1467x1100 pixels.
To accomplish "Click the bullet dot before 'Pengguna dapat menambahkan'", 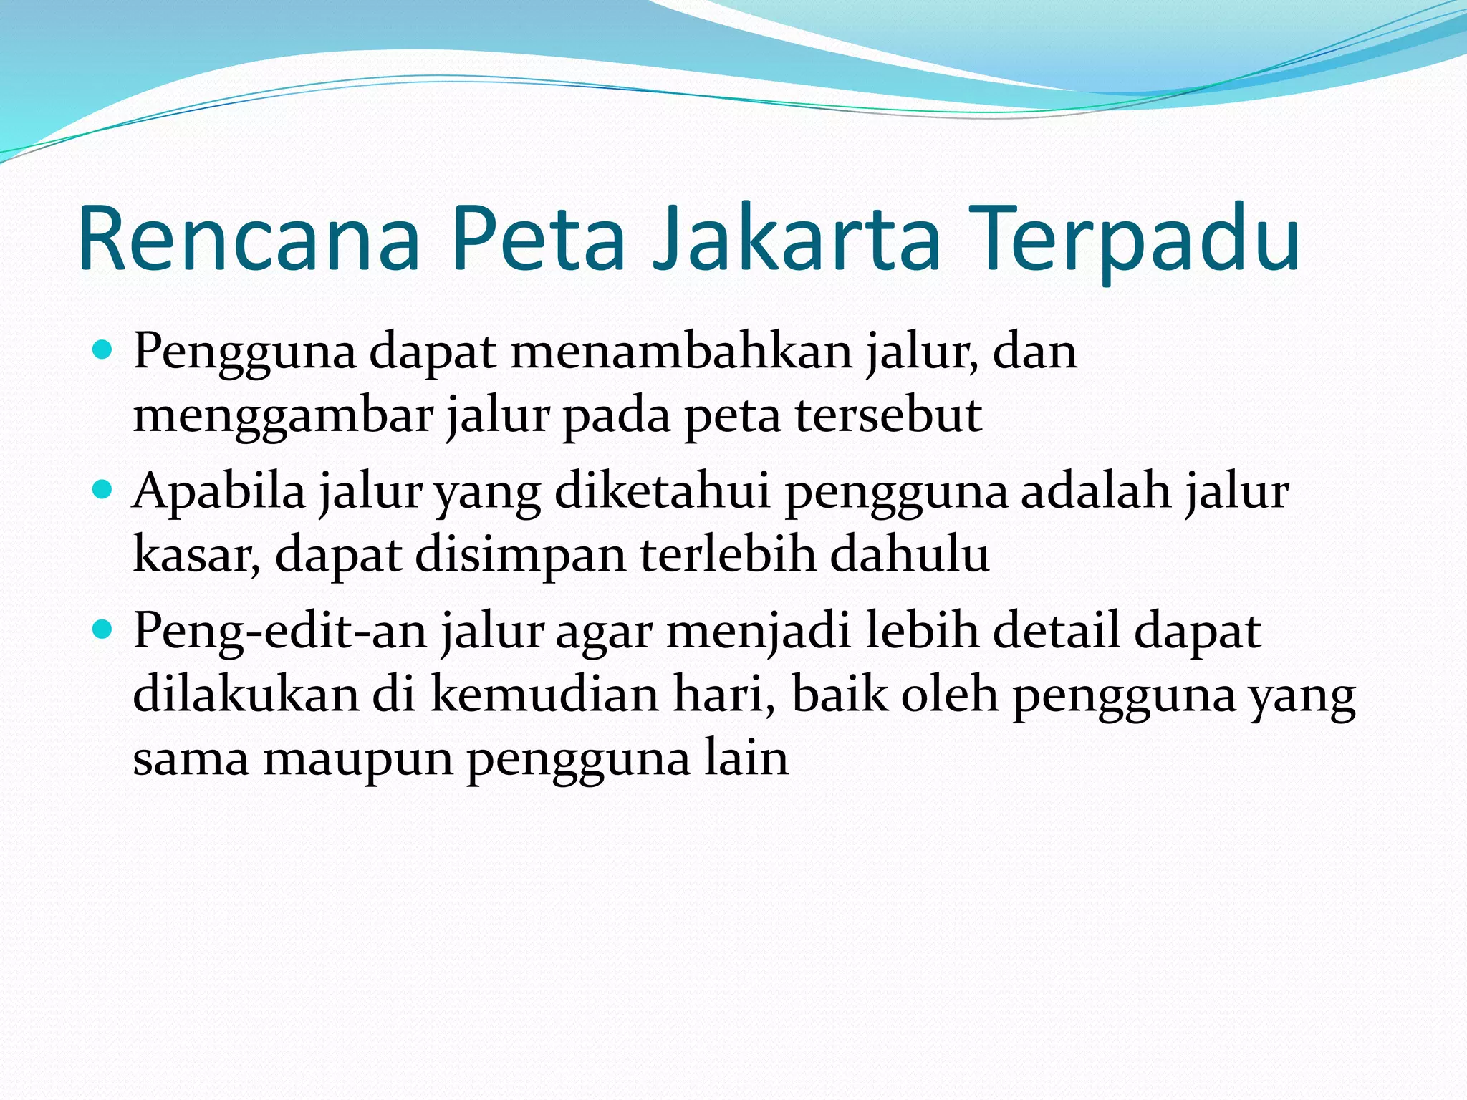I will (103, 350).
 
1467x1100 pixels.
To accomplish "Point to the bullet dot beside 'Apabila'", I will (103, 490).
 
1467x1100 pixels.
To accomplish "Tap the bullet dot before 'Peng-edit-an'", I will (103, 629).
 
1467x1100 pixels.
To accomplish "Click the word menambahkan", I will (681, 352).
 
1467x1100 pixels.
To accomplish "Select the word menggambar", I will (283, 416).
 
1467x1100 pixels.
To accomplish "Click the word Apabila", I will (219, 492).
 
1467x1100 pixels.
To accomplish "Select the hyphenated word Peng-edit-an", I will (280, 632).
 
